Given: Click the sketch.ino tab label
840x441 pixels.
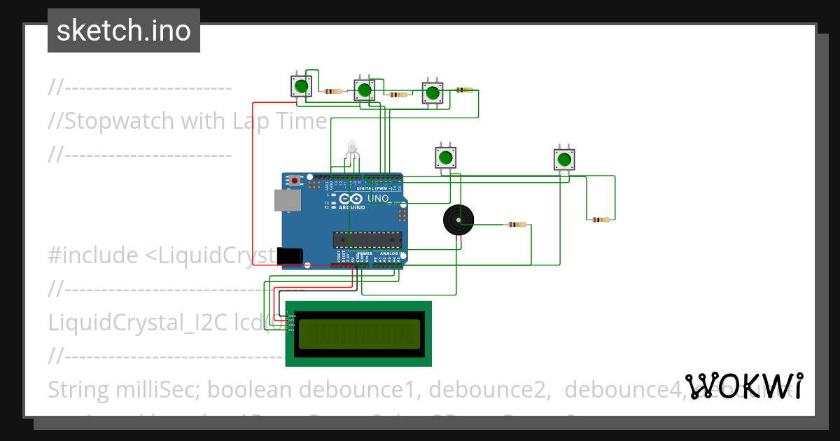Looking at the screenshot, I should [123, 31].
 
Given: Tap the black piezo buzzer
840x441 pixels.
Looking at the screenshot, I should [458, 221].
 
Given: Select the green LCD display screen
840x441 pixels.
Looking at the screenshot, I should [358, 334].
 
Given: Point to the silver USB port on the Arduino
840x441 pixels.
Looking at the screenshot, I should [287, 200].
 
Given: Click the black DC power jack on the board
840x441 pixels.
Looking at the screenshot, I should [290, 256].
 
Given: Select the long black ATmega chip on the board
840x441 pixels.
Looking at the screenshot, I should [367, 239].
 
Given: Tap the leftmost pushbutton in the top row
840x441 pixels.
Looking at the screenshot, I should [301, 87].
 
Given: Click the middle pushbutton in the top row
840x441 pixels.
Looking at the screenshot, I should [363, 90].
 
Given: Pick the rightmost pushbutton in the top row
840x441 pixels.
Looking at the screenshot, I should [433, 93].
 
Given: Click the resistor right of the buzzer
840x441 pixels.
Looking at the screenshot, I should [517, 225].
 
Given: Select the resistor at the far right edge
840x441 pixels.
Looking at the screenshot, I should [600, 220].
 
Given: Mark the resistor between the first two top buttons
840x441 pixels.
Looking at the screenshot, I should [333, 91].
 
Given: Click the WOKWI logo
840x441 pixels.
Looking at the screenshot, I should [743, 386].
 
